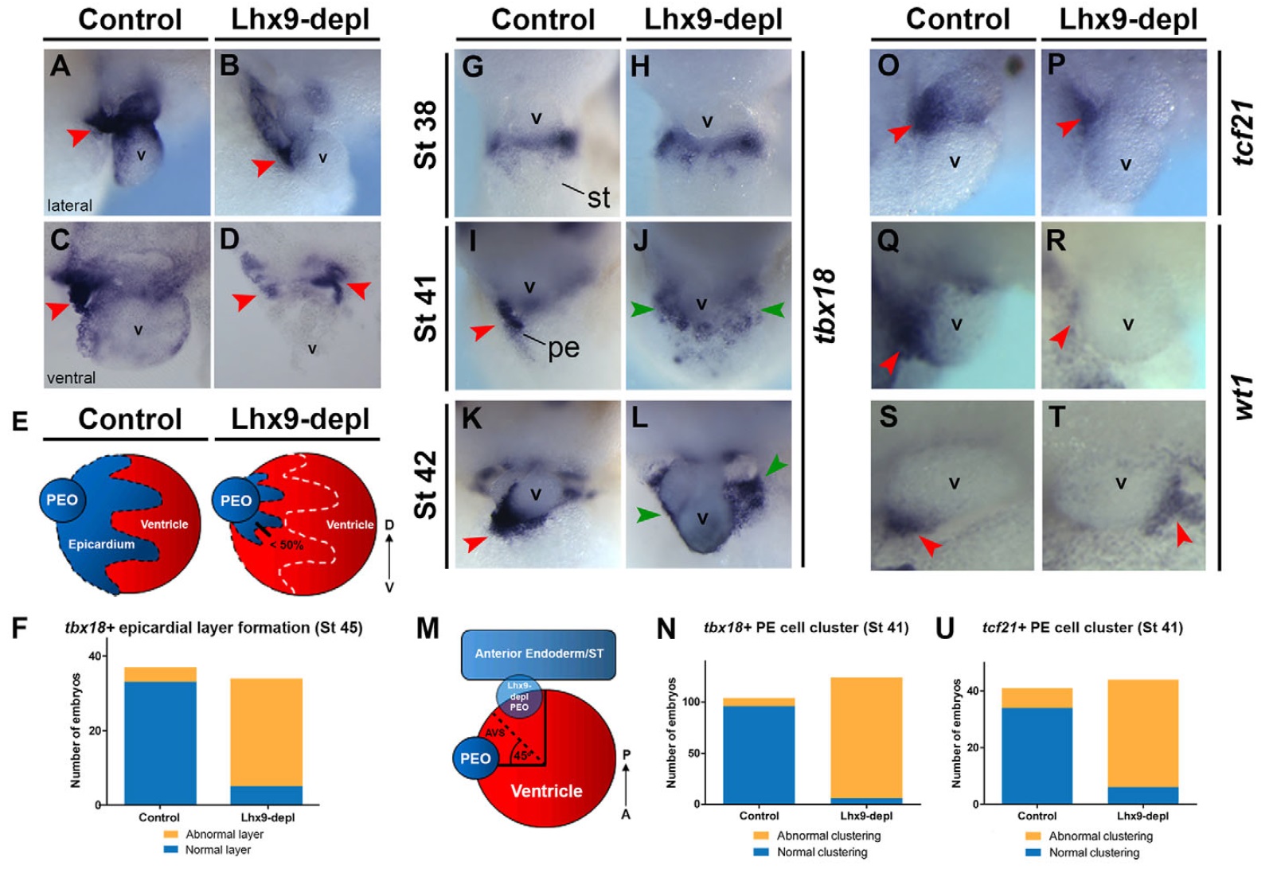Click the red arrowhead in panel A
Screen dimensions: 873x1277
tap(77, 137)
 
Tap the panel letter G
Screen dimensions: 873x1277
tap(472, 67)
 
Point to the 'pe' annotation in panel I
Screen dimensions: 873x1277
tap(564, 348)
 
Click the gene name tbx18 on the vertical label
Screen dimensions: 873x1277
tap(826, 306)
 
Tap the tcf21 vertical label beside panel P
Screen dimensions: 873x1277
tap(1243, 132)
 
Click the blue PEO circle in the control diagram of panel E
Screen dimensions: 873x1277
tap(62, 500)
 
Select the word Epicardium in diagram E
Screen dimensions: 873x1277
tap(101, 544)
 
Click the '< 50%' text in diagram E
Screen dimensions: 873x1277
tap(286, 545)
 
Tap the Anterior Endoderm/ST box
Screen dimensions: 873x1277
tap(539, 654)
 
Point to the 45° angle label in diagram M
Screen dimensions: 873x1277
tap(523, 755)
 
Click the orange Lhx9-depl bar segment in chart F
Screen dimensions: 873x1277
tap(266, 732)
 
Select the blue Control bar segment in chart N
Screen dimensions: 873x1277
tap(759, 754)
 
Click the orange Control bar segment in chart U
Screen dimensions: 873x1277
tap(1037, 698)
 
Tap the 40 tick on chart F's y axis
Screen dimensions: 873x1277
tap(96, 656)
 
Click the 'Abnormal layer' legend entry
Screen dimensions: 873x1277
tap(224, 834)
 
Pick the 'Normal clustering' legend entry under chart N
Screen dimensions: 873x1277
tap(822, 852)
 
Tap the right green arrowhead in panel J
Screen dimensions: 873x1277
tap(771, 310)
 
